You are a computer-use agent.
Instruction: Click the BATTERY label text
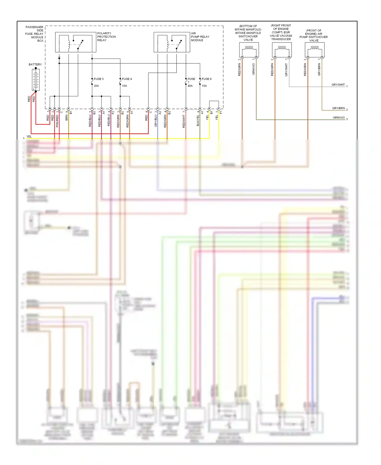tap(35, 64)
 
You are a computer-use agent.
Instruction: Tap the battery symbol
tap(36, 80)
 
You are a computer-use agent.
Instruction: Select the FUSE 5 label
tap(99, 79)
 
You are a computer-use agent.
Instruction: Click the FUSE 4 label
tap(127, 79)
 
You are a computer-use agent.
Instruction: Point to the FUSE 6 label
tap(207, 79)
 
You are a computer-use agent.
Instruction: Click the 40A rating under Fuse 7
tap(190, 86)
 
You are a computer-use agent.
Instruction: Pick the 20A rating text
tap(96, 86)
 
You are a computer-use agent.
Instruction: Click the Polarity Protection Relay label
tap(106, 37)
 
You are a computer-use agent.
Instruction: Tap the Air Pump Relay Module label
tap(200, 37)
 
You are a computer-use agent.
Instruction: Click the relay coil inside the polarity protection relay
tap(69, 45)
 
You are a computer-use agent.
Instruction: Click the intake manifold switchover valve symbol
tap(249, 50)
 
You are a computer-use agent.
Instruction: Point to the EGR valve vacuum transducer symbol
tap(282, 50)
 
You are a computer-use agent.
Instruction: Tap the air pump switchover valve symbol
tap(314, 50)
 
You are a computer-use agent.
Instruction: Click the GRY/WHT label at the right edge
tap(338, 85)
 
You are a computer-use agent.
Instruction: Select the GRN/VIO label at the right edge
tap(339, 118)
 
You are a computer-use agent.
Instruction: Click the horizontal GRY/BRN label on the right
tap(338, 108)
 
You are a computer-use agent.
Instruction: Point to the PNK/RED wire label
tap(57, 121)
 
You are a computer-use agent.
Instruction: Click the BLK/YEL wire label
tap(198, 120)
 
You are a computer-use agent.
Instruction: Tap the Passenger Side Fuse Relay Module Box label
tap(35, 34)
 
